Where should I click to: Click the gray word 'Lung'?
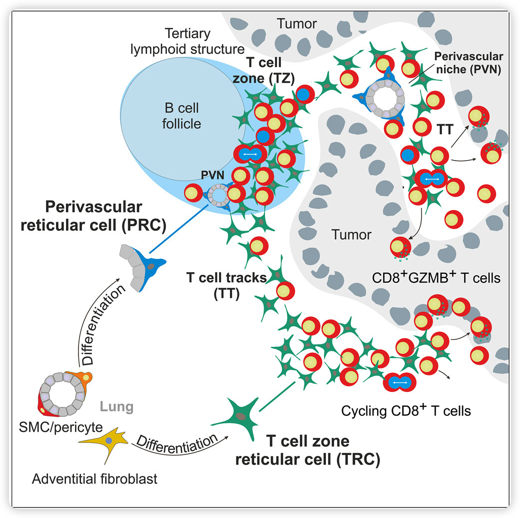tap(117, 406)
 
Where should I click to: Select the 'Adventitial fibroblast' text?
tap(94, 479)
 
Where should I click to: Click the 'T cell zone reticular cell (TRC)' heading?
tap(307, 451)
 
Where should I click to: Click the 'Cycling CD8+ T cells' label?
tap(406, 411)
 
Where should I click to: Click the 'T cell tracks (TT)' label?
tap(226, 286)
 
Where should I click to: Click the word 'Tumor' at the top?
tap(297, 24)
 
